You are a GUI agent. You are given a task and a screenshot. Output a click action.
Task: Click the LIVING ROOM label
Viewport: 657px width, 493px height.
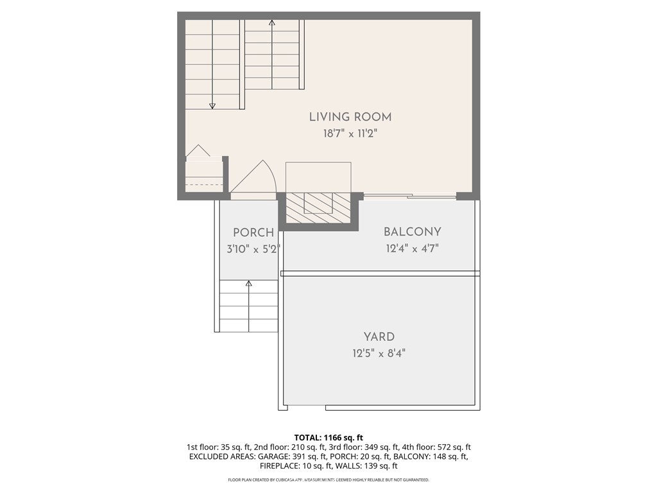click(350, 117)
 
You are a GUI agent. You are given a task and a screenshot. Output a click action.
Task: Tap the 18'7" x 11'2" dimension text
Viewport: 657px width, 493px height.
click(350, 134)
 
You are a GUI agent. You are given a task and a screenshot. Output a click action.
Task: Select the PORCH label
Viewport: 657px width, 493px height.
click(253, 232)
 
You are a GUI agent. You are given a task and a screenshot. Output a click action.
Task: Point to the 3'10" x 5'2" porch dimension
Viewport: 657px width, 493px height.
click(253, 249)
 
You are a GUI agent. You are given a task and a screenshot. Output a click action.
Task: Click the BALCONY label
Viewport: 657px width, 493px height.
click(413, 232)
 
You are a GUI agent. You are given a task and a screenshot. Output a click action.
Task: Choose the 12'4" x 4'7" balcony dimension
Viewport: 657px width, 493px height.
click(413, 248)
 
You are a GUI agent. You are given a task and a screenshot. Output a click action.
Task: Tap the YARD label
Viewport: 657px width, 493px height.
click(379, 336)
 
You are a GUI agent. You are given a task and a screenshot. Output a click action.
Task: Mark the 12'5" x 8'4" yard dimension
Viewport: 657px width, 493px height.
click(379, 354)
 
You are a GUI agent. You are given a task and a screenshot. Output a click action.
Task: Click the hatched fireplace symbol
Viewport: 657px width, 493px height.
click(318, 208)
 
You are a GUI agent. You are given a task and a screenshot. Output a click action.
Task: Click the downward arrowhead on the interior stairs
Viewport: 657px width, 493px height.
click(212, 106)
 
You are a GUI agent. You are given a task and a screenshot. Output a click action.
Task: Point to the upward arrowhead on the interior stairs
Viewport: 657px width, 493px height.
click(272, 22)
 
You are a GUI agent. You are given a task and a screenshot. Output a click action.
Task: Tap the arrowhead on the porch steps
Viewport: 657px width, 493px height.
click(249, 283)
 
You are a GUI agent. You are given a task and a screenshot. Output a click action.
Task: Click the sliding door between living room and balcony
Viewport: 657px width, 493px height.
click(409, 195)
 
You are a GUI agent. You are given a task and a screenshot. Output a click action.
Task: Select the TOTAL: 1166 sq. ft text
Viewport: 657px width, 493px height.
click(328, 438)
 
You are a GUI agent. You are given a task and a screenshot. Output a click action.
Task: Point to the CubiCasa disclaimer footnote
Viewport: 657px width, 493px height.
click(328, 480)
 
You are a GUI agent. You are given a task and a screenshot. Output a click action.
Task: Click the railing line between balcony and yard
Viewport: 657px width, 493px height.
click(380, 273)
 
